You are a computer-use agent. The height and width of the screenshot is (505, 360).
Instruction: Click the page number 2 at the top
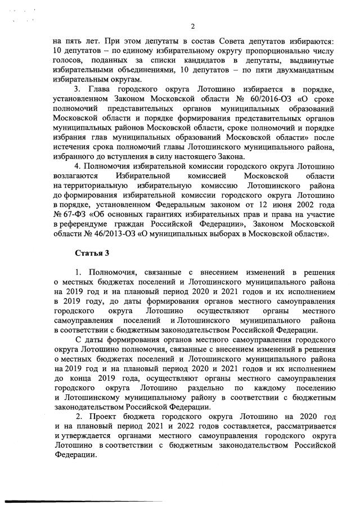pos(192,26)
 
